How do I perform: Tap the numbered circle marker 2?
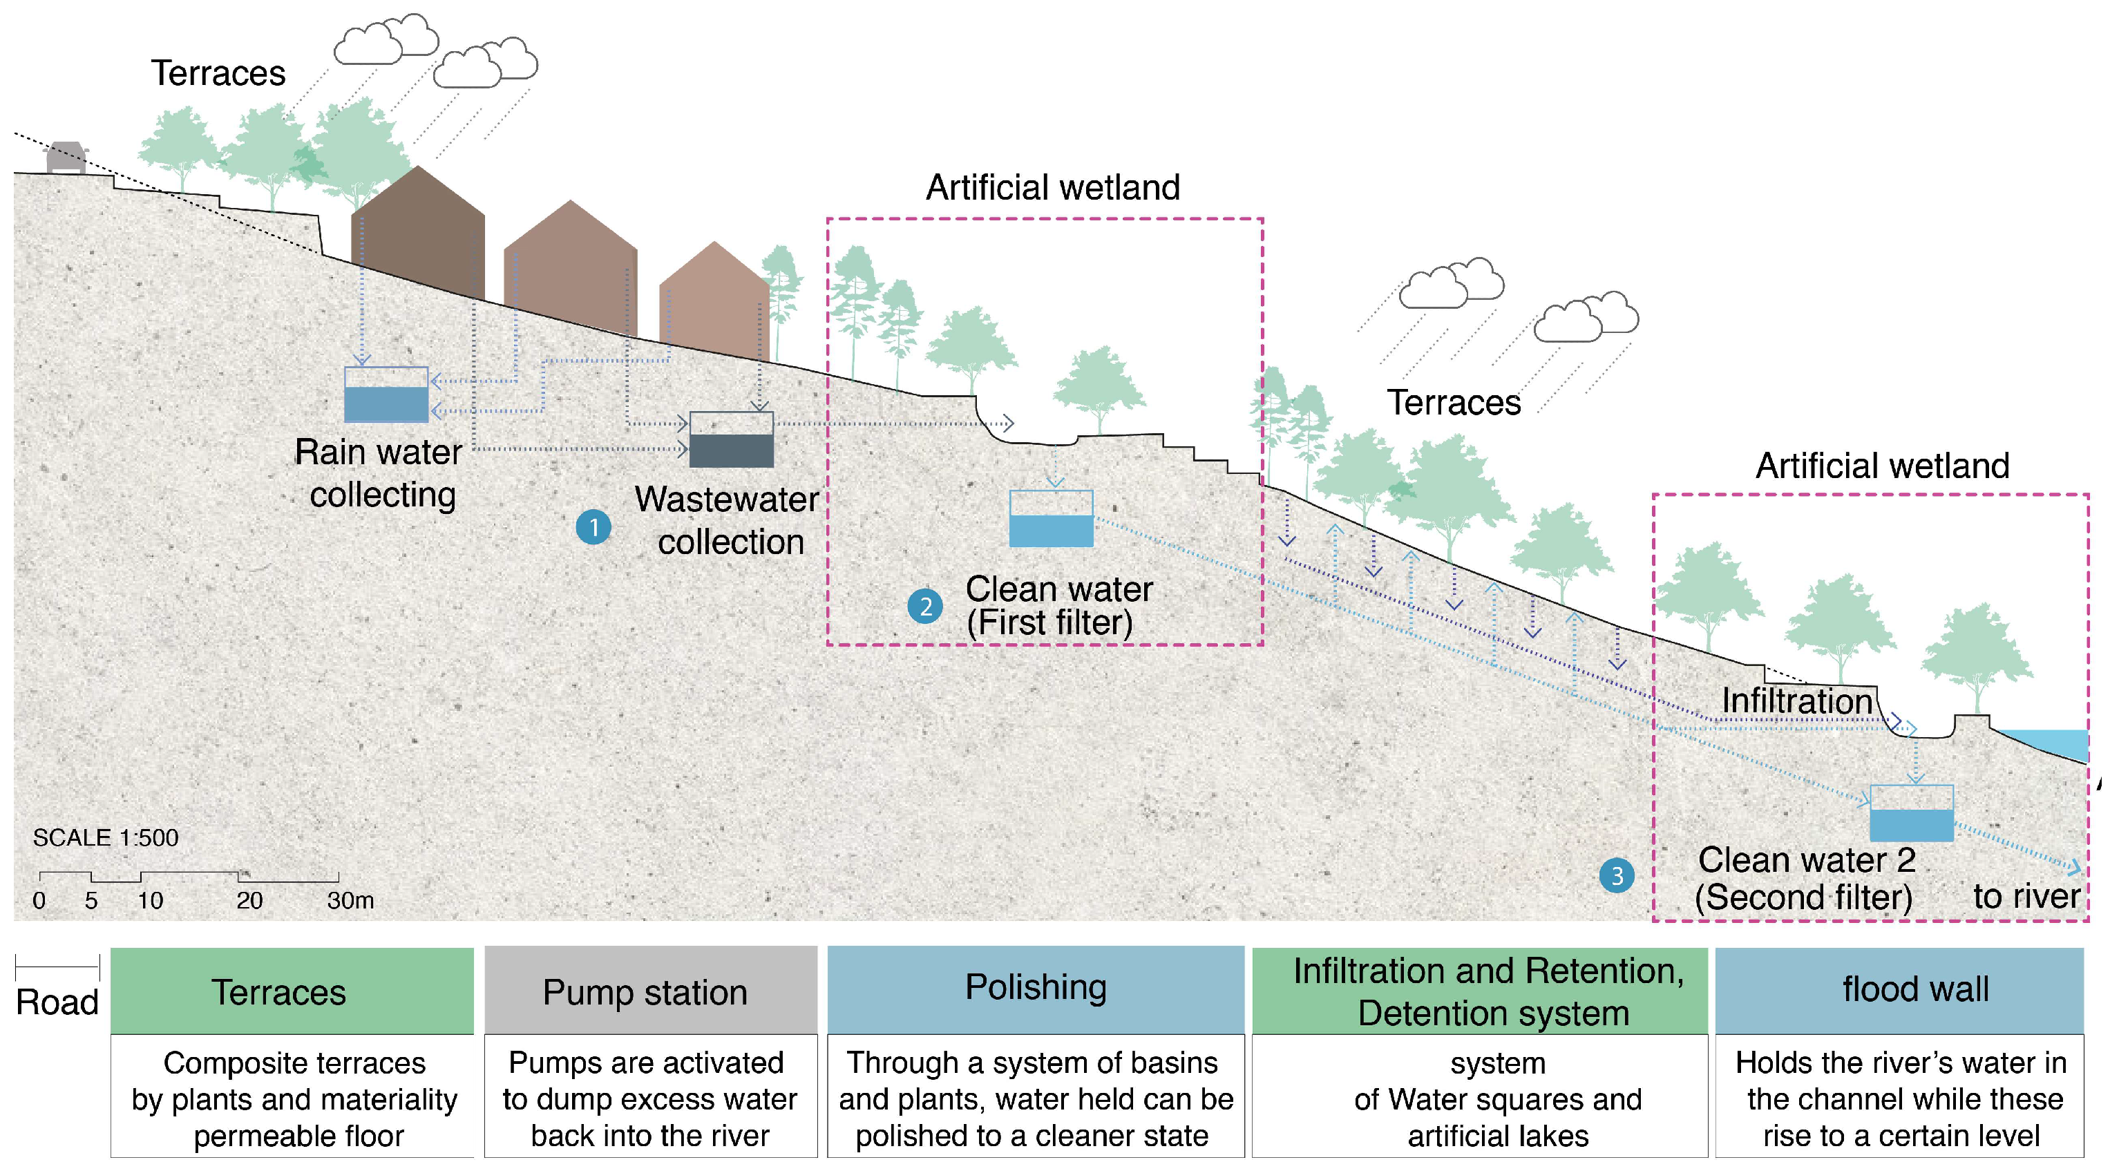coord(924,606)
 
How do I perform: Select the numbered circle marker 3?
coord(1616,875)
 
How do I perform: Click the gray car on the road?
coord(66,158)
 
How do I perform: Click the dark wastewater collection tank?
coord(731,440)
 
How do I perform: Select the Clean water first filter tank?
coord(1051,518)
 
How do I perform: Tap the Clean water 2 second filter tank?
coord(1911,813)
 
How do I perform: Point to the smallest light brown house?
coord(714,303)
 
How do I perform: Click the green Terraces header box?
coord(292,991)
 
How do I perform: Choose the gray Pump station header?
coord(650,991)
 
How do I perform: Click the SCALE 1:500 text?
coord(105,837)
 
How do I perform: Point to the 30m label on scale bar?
coord(350,900)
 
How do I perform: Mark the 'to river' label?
coord(2026,896)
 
